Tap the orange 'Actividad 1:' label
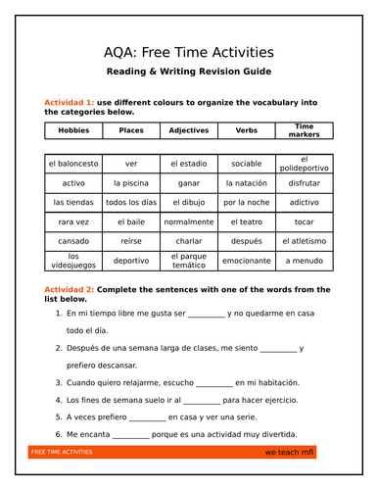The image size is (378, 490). [70, 102]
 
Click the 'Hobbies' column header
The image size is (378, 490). [72, 130]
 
